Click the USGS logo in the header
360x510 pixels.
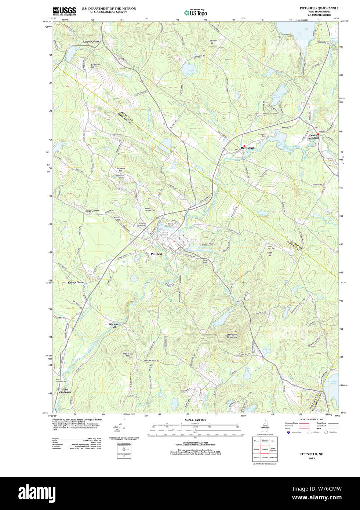tap(64, 11)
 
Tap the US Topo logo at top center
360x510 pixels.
tap(196, 12)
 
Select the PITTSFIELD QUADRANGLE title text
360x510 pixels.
tap(319, 8)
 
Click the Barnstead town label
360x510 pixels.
tap(248, 148)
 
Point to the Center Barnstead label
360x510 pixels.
tap(313, 136)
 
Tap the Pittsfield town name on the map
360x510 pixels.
tap(156, 254)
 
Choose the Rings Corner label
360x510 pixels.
tap(92, 211)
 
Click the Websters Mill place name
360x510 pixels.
tap(114, 325)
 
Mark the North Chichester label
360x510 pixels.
tap(65, 391)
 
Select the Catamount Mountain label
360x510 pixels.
tap(231, 336)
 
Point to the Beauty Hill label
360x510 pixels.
tap(213, 42)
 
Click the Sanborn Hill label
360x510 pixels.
tap(95, 66)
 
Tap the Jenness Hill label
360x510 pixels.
tap(120, 170)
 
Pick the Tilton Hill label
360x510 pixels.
tap(269, 254)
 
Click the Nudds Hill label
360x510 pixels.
tap(126, 354)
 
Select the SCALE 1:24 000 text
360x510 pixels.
tap(195, 420)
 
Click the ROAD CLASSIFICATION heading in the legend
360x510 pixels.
tap(312, 419)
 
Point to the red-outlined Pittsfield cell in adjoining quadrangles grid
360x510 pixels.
tap(265, 449)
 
